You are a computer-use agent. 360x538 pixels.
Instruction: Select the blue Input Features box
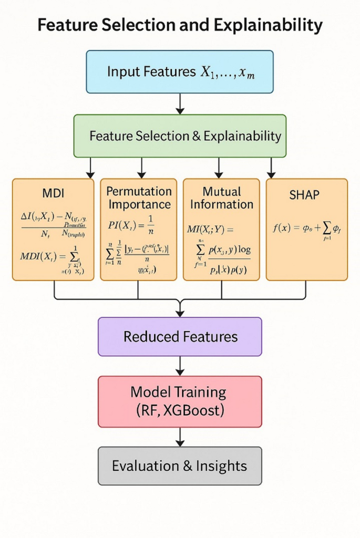(x=180, y=72)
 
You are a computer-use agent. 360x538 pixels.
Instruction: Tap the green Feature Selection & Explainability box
(x=180, y=136)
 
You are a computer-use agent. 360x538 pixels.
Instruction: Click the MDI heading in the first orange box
(x=53, y=193)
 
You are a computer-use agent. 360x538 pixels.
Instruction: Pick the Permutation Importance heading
(x=139, y=198)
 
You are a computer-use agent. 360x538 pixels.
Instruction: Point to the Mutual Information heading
(x=221, y=198)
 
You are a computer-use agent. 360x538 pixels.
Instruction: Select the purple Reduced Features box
(x=180, y=337)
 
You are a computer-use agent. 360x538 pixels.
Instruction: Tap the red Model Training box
(x=180, y=401)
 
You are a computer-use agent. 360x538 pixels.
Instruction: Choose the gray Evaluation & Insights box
(x=180, y=465)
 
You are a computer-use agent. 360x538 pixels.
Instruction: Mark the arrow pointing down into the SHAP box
(x=271, y=168)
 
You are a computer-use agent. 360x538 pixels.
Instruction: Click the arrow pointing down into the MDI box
(x=90, y=168)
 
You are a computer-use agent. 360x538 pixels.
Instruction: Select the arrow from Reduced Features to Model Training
(x=180, y=366)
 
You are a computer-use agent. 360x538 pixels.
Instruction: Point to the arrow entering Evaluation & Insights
(x=180, y=437)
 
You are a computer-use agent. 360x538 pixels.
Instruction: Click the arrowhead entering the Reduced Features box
(x=180, y=313)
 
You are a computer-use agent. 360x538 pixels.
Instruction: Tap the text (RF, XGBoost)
(x=180, y=410)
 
